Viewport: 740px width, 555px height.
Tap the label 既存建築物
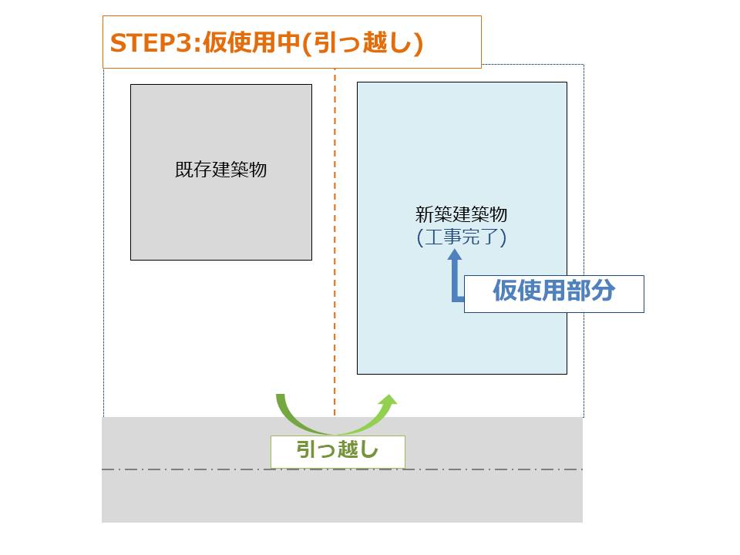[221, 170]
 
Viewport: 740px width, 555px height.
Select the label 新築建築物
[461, 214]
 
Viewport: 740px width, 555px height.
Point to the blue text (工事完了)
[461, 237]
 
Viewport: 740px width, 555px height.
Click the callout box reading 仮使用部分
[553, 294]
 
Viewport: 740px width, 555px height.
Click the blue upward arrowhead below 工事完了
[455, 255]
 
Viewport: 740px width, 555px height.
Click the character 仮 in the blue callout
[504, 291]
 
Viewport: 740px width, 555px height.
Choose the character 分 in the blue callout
[604, 291]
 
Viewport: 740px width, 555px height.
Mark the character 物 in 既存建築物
[258, 170]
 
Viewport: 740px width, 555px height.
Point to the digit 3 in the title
[187, 42]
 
